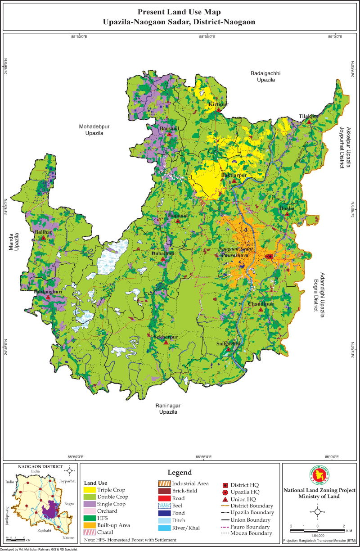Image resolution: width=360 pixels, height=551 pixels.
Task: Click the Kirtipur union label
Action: point(218,104)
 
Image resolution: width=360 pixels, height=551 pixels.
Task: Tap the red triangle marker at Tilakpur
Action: point(309,121)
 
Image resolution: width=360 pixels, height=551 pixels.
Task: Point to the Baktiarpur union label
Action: point(234,175)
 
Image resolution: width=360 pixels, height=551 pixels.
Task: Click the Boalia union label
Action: point(287,208)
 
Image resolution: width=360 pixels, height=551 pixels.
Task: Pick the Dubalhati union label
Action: point(163,253)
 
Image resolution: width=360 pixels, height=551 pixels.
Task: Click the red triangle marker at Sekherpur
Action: point(166,343)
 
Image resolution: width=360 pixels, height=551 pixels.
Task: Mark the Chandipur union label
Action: point(261,304)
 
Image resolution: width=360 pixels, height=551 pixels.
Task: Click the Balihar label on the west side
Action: point(43,232)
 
